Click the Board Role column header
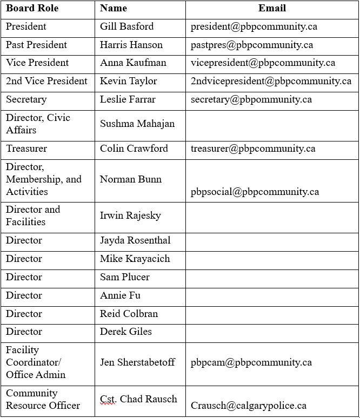pyautogui.click(x=32, y=9)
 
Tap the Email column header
pyautogui.click(x=272, y=9)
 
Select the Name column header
pyautogui.click(x=114, y=9)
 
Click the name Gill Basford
pyautogui.click(x=126, y=26)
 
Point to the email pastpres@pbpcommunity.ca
pyautogui.click(x=251, y=45)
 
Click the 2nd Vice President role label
pyautogui.click(x=46, y=81)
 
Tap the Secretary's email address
pyautogui.click(x=251, y=99)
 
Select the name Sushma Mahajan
pyautogui.click(x=137, y=124)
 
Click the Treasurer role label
pyautogui.click(x=26, y=149)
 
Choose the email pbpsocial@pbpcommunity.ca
pyautogui.click(x=255, y=192)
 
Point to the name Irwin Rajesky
pyautogui.click(x=130, y=215)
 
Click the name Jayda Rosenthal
pyautogui.click(x=135, y=240)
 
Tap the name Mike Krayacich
pyautogui.click(x=135, y=259)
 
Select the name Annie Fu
pyautogui.click(x=117, y=295)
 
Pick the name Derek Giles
pyautogui.click(x=126, y=332)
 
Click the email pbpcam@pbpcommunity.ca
pyautogui.click(x=251, y=362)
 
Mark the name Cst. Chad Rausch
pyautogui.click(x=138, y=399)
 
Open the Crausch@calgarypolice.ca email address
pyautogui.click(x=249, y=406)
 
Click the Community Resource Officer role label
pyautogui.click(x=43, y=399)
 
